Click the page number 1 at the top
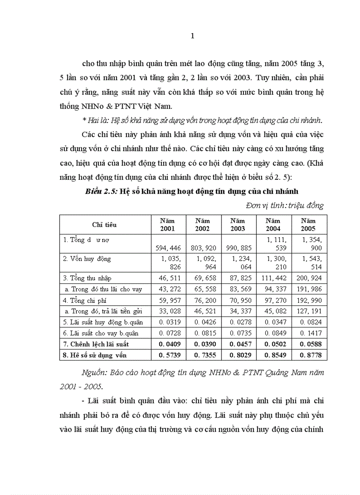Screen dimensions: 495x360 [x=192, y=37]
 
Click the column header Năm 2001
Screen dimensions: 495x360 [x=168, y=224]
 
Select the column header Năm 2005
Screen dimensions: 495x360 [x=308, y=224]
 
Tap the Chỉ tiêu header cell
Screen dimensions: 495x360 [x=105, y=224]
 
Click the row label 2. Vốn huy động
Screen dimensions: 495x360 [x=87, y=258]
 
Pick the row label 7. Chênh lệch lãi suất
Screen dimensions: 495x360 [x=96, y=343]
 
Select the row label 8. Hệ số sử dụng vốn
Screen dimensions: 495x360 [x=94, y=354]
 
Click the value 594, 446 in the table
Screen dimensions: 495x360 [x=168, y=248]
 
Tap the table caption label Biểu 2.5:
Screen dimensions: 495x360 [x=101, y=191]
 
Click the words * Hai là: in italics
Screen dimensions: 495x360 [x=97, y=120]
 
